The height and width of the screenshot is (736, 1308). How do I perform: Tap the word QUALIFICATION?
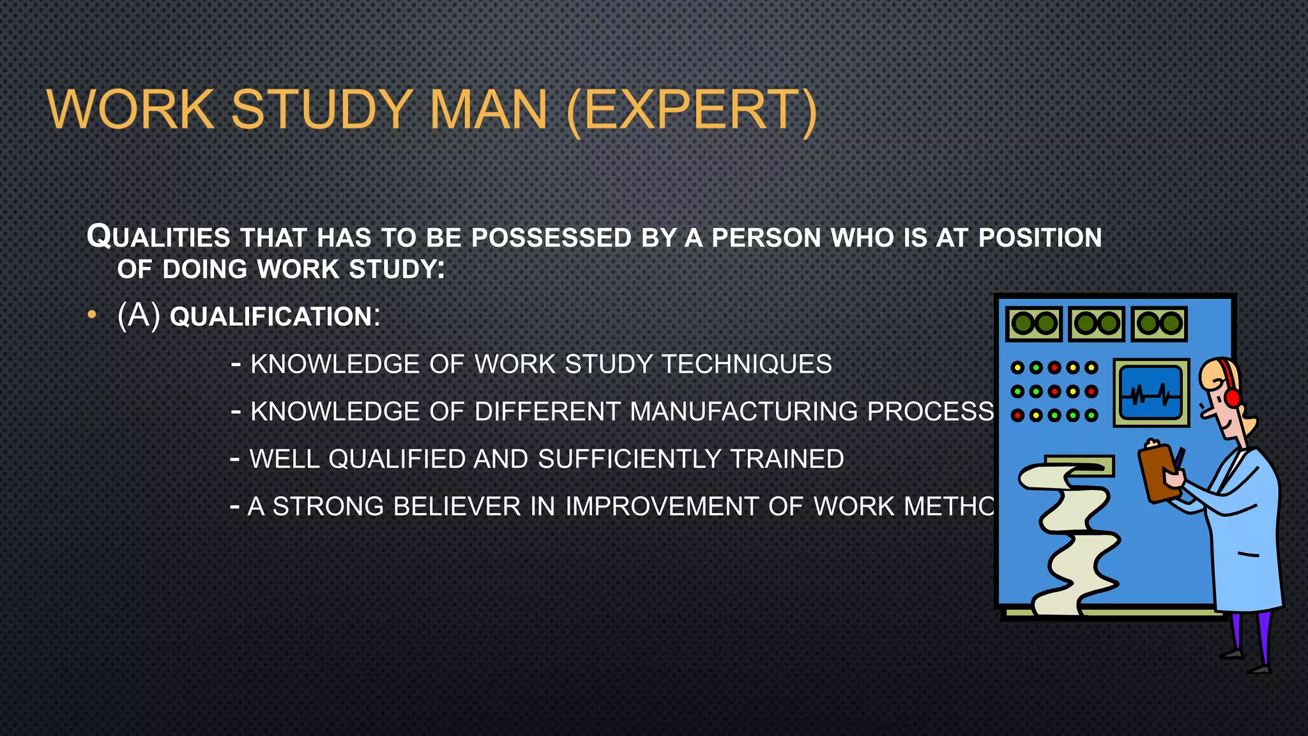coord(271,317)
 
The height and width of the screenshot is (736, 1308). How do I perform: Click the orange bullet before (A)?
coord(92,315)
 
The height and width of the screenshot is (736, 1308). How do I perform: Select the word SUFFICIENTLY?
coord(630,459)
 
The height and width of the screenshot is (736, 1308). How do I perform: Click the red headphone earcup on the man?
coord(1233,397)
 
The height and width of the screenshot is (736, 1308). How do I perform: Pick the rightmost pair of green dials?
coord(1159,323)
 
